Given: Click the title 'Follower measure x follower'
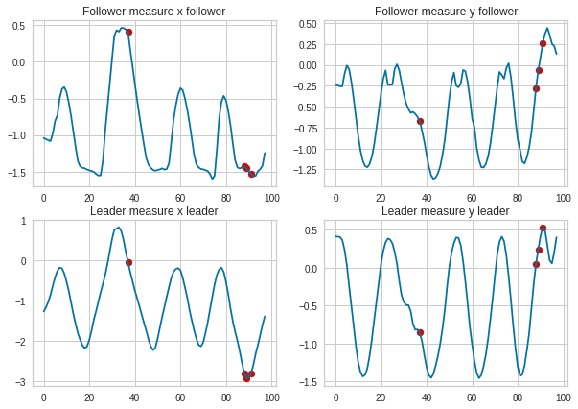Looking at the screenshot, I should pyautogui.click(x=153, y=11).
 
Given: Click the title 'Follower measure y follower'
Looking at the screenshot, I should pyautogui.click(x=446, y=11).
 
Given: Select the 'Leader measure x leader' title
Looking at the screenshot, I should pyautogui.click(x=153, y=210).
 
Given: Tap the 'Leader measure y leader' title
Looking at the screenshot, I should pyautogui.click(x=446, y=210).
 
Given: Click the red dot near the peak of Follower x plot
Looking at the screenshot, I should pyautogui.click(x=128, y=32).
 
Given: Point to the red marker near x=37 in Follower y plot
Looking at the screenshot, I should pyautogui.click(x=420, y=121).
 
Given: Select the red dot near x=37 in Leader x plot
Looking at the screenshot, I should pyautogui.click(x=128, y=262).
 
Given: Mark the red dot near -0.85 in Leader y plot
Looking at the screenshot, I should pyautogui.click(x=420, y=332).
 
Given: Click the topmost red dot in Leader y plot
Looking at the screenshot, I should pyautogui.click(x=543, y=228).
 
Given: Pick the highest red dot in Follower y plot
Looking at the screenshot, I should pyautogui.click(x=543, y=43).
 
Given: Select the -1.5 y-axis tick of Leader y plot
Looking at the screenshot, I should pyautogui.click(x=312, y=382).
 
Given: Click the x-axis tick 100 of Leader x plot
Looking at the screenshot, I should pyautogui.click(x=271, y=397).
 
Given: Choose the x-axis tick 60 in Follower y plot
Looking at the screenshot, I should pyautogui.click(x=473, y=197).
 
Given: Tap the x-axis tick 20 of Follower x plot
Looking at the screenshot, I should pyautogui.click(x=89, y=197).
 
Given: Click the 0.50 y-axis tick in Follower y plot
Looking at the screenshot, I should pyautogui.click(x=311, y=23).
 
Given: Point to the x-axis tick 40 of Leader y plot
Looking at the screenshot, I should pyautogui.click(x=427, y=397).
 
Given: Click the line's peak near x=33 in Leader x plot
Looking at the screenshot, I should pyautogui.click(x=118, y=228).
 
